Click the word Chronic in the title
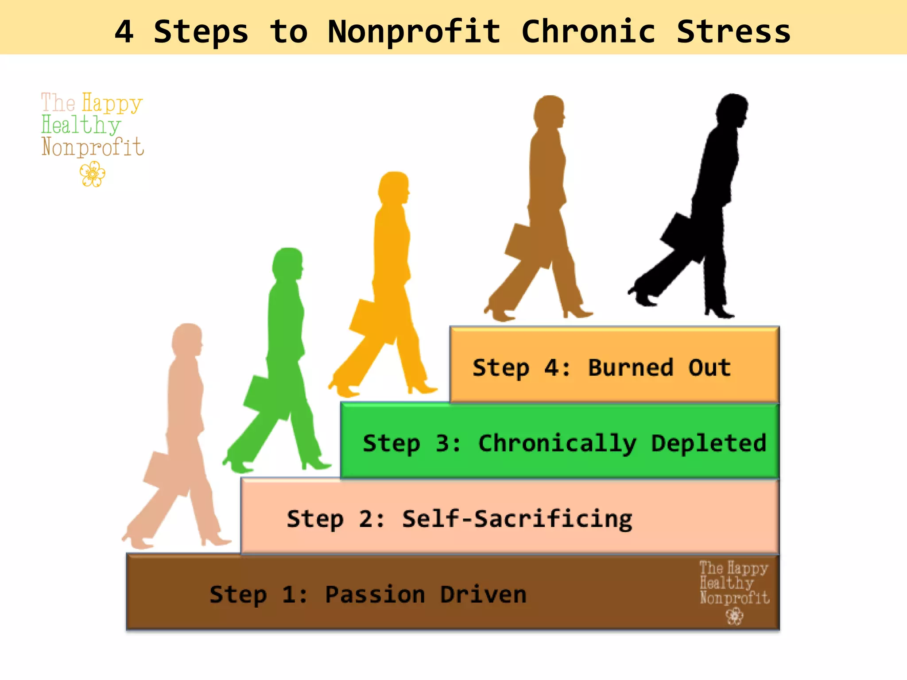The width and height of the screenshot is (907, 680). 588,32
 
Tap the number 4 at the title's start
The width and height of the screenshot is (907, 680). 124,32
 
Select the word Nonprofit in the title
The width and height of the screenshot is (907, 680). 414,32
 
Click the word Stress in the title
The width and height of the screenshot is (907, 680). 733,32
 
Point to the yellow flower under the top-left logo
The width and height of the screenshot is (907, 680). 93,174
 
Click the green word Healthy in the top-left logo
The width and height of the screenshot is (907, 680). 81,125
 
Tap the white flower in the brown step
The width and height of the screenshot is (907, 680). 735,616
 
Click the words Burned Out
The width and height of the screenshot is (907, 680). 659,367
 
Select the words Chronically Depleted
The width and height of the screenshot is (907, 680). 622,443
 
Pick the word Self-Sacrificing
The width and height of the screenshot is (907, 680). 517,519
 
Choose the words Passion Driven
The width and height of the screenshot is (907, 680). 426,595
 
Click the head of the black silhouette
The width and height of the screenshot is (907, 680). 732,110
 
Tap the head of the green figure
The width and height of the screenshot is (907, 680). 288,264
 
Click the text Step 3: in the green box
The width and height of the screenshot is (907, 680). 411,443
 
